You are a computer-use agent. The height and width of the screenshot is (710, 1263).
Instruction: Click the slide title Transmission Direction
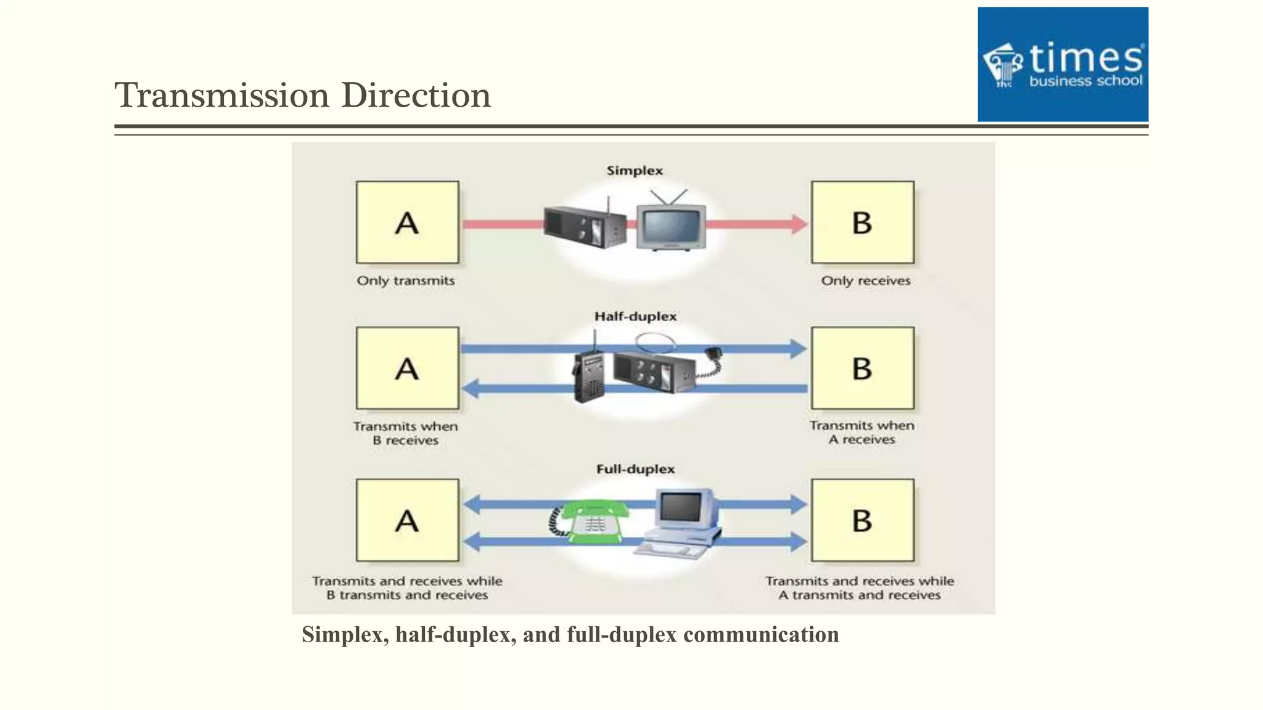click(x=302, y=96)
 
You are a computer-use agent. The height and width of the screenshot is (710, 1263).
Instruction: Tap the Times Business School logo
click(x=1062, y=64)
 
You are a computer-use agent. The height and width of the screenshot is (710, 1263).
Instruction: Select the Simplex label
click(x=634, y=171)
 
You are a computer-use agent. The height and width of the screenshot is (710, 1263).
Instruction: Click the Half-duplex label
click(x=635, y=317)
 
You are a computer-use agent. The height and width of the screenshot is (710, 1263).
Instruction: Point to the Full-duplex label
click(x=635, y=470)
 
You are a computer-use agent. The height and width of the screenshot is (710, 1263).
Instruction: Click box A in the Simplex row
click(x=407, y=222)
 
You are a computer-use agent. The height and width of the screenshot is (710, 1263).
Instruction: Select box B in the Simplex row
click(x=862, y=222)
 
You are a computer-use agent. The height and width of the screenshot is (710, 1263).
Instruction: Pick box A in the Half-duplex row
click(x=407, y=369)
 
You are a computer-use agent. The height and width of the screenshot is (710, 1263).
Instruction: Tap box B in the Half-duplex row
click(x=862, y=369)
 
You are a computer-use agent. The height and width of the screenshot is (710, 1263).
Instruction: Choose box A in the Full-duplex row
click(x=407, y=521)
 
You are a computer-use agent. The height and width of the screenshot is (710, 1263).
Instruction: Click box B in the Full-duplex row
click(x=862, y=521)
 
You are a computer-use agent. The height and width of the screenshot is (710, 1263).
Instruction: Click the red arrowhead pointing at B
click(x=799, y=224)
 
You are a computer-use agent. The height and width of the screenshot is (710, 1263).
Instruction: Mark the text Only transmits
click(x=405, y=281)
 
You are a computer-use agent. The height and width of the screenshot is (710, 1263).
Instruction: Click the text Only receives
click(x=865, y=281)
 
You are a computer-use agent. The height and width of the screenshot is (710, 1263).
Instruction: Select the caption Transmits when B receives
click(x=405, y=433)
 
